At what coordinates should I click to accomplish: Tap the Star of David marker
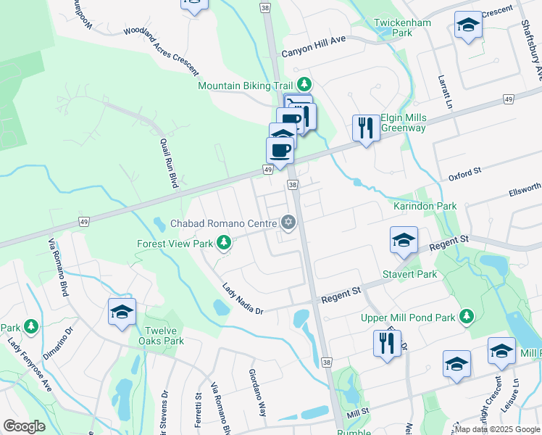tap(288, 222)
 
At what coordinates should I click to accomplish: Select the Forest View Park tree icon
tap(225, 243)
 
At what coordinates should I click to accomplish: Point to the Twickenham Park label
tap(402, 28)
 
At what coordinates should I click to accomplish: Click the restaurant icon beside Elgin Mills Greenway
tap(364, 128)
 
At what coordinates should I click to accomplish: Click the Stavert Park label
tap(410, 274)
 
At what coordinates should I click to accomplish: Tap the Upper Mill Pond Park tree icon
tap(468, 316)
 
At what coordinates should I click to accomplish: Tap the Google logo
tap(24, 426)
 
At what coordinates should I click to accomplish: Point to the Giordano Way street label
tap(257, 392)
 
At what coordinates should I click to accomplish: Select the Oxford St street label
tap(464, 174)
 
